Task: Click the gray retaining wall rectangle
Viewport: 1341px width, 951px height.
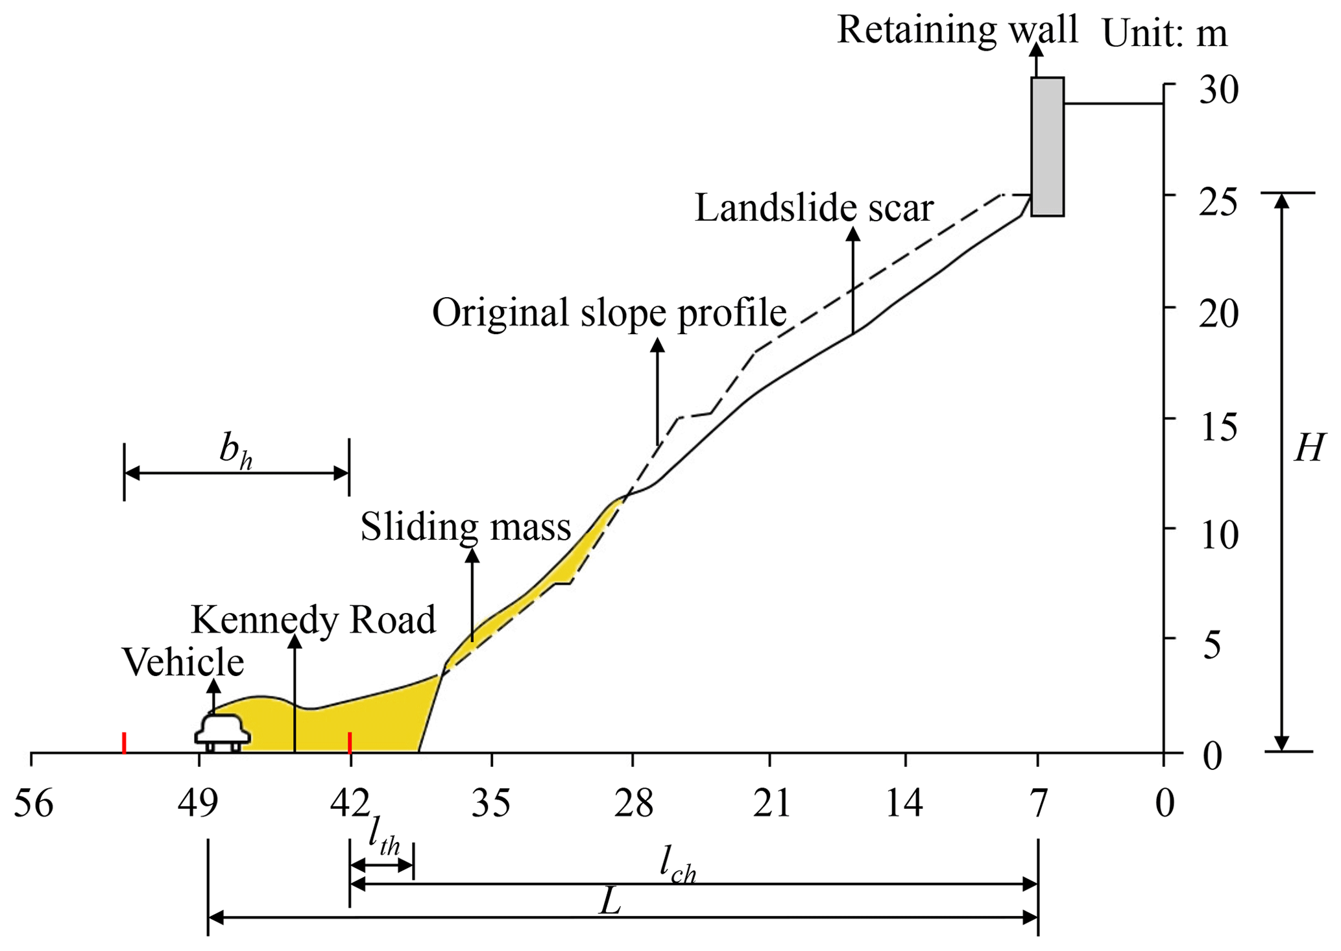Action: tap(1047, 147)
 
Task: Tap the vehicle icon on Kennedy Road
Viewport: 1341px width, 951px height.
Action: tap(223, 733)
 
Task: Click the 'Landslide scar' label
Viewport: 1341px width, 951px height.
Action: tap(814, 208)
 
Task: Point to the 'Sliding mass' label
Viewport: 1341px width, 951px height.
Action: tap(465, 526)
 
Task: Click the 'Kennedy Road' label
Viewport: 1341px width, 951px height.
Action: tap(313, 620)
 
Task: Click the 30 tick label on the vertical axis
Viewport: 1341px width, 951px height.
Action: tap(1218, 90)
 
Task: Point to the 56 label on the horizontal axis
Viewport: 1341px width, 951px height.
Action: tap(33, 804)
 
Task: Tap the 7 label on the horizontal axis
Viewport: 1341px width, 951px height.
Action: tap(1039, 804)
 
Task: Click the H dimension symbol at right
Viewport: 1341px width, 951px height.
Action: tap(1308, 448)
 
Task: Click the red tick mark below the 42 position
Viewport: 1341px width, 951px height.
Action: tap(350, 743)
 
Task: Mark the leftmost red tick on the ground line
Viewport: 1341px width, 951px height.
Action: tap(124, 743)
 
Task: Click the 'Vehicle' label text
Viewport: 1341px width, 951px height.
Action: tap(183, 662)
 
